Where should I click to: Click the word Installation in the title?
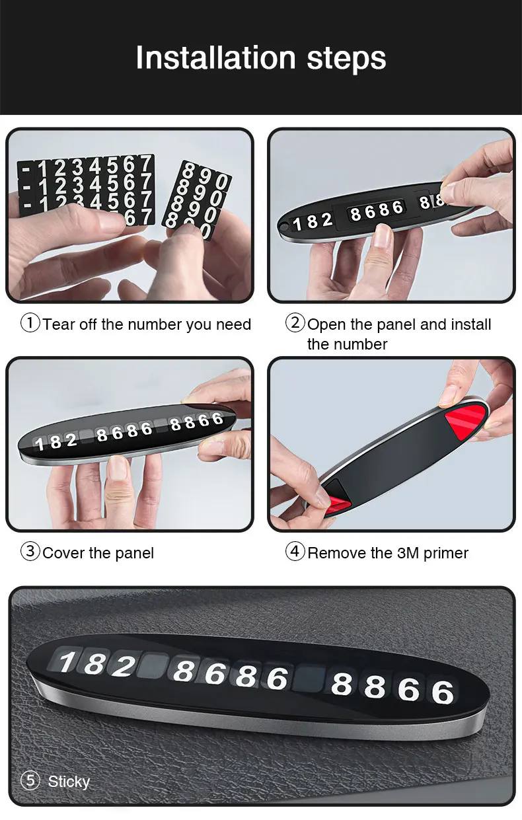coord(215,58)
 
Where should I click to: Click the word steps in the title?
coord(346,59)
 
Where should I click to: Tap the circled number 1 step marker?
coord(30,323)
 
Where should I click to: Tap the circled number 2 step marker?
coord(295,323)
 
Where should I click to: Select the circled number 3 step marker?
coord(30,552)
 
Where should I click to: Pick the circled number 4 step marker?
coord(295,552)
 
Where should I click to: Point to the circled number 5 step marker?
coord(30,780)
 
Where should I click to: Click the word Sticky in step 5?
coord(69,782)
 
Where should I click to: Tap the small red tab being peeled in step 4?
coord(337,503)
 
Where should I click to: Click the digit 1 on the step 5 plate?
coord(67,662)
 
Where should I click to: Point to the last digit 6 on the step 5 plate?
coord(443,692)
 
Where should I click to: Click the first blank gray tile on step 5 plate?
coord(153,666)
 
